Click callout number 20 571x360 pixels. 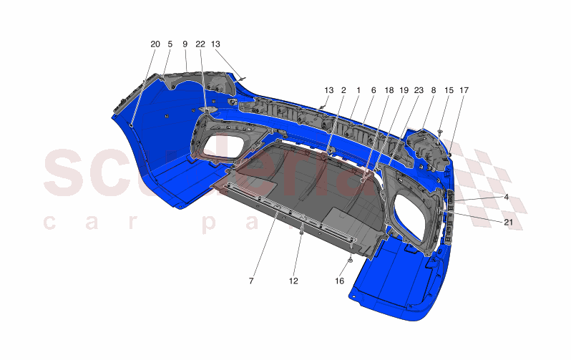155,44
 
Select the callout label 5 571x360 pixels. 170,44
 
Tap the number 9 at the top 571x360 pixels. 185,44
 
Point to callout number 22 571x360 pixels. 200,44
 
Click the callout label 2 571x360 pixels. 343,91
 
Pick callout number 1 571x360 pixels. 358,91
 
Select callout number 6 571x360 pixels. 374,91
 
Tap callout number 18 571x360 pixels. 389,91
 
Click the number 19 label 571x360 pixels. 404,91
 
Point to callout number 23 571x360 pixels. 419,91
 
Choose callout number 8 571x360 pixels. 433,91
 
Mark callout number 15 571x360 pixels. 449,91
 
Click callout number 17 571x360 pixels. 464,91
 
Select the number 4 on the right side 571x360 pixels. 506,196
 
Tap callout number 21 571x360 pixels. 508,223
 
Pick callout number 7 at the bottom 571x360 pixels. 251,281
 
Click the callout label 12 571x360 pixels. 293,281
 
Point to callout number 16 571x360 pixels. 340,281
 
